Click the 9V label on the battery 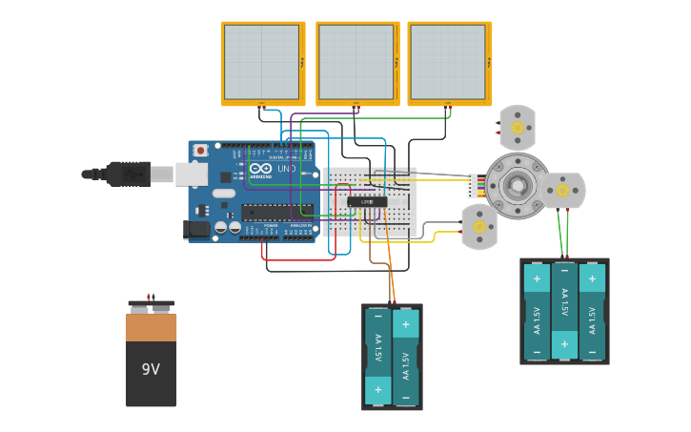click(x=151, y=369)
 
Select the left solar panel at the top click(x=263, y=63)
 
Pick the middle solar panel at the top click(x=357, y=63)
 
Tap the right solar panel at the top click(x=449, y=63)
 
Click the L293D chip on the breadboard click(x=367, y=201)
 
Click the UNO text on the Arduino click(x=286, y=169)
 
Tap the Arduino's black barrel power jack click(x=197, y=229)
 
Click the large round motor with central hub click(x=517, y=186)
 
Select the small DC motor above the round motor click(x=518, y=127)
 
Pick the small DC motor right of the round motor click(x=562, y=190)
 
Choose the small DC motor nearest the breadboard click(x=479, y=227)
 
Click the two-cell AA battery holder click(x=392, y=357)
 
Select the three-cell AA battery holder click(x=564, y=311)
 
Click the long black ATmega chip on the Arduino click(x=278, y=211)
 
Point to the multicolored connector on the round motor click(x=474, y=185)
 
